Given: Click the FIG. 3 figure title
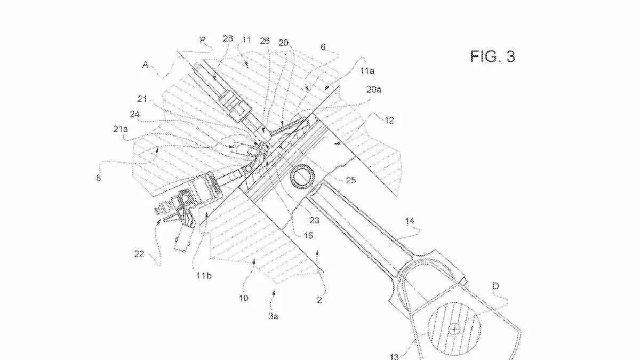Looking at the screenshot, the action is tap(493, 57).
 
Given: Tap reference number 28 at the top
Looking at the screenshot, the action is tap(228, 38).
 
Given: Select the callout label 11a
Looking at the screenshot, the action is tap(367, 70).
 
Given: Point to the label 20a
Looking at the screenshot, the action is tap(374, 90).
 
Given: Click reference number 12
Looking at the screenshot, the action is tap(389, 121).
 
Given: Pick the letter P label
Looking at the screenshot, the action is tap(202, 40).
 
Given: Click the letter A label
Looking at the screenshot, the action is tap(145, 65).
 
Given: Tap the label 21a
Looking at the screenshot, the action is tap(121, 130).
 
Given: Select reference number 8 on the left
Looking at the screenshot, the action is tap(98, 178).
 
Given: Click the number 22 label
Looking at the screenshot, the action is tap(139, 254).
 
